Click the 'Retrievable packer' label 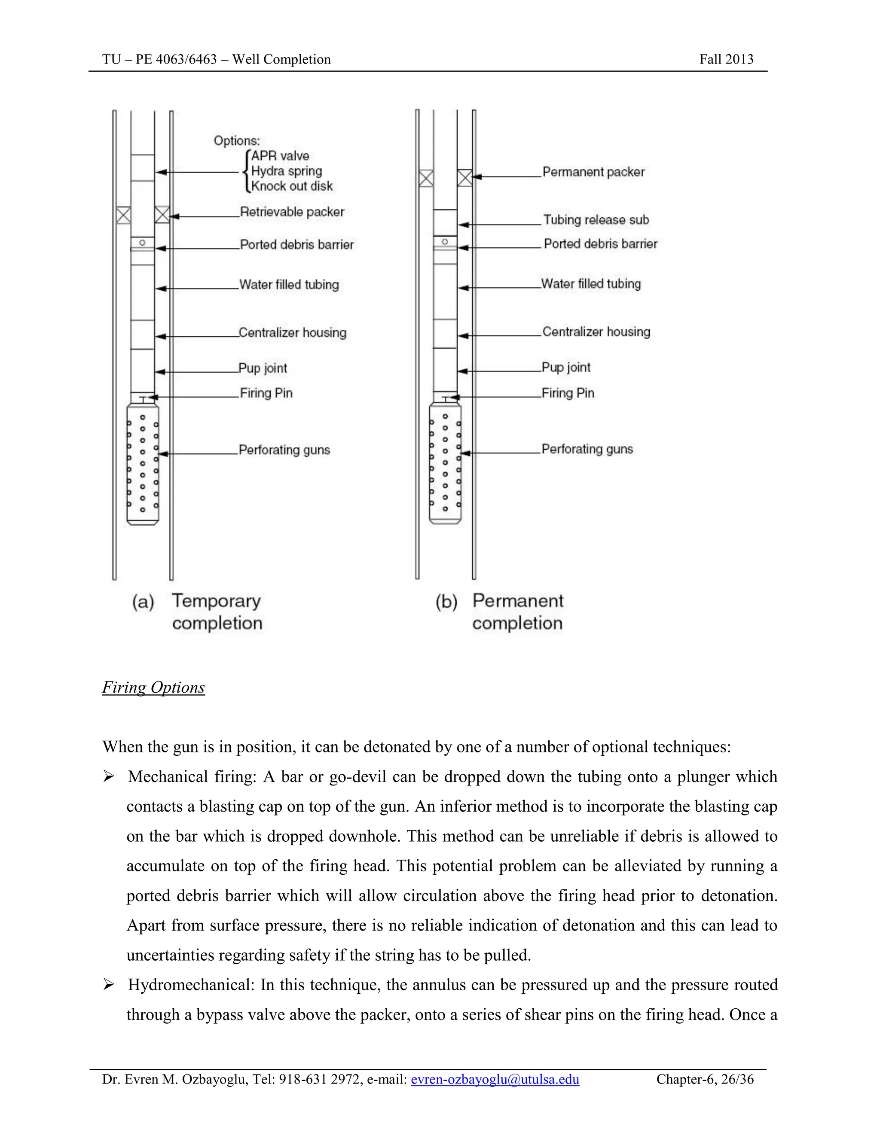pyautogui.click(x=292, y=212)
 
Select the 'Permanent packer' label pyautogui.click(x=593, y=172)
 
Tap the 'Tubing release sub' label pyautogui.click(x=596, y=220)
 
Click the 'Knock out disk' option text pyautogui.click(x=291, y=186)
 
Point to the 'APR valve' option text pyautogui.click(x=280, y=156)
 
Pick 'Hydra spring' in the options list pyautogui.click(x=286, y=171)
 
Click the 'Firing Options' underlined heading pyautogui.click(x=153, y=687)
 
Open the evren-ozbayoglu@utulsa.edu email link pyautogui.click(x=495, y=1079)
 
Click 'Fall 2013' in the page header pyautogui.click(x=726, y=59)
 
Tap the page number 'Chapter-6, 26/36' pyautogui.click(x=705, y=1079)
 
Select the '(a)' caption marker pyautogui.click(x=143, y=602)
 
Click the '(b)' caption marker pyautogui.click(x=446, y=602)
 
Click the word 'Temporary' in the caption pyautogui.click(x=217, y=601)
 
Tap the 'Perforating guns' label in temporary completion pyautogui.click(x=284, y=450)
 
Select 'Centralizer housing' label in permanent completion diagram pyautogui.click(x=596, y=332)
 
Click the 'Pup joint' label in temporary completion pyautogui.click(x=263, y=368)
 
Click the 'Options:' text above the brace pyautogui.click(x=237, y=141)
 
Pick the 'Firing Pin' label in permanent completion pyautogui.click(x=568, y=393)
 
